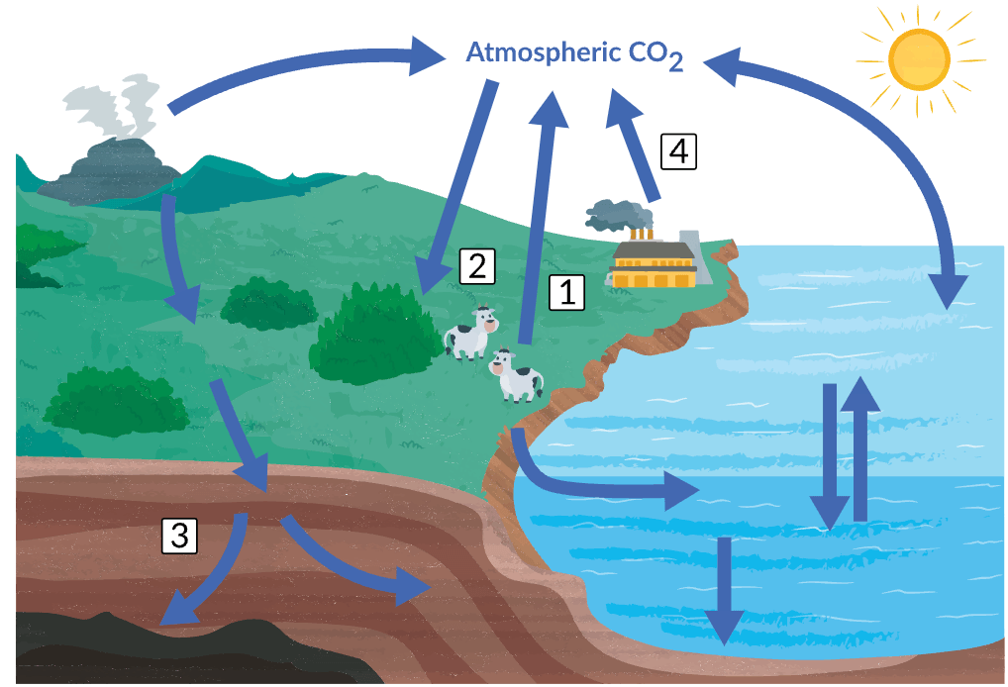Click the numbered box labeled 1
pos(566,292)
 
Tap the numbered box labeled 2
pos(477,266)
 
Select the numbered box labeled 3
pos(179,536)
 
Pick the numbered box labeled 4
pos(679,152)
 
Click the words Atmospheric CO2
pos(574,55)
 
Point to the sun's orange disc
pos(919,59)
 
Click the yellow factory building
pos(654,264)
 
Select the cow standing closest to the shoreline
pos(516,376)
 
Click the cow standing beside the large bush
pos(471,333)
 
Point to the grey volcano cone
pos(109,170)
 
